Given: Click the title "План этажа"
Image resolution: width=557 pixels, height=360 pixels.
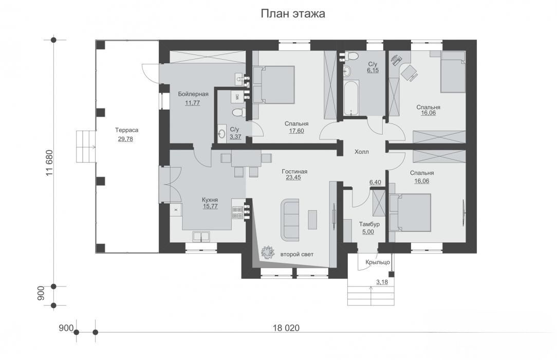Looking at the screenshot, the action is pyautogui.click(x=293, y=14).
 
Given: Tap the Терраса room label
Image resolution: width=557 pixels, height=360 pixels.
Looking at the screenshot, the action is pyautogui.click(x=126, y=130).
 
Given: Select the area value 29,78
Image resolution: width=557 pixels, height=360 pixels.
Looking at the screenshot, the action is pyautogui.click(x=125, y=139).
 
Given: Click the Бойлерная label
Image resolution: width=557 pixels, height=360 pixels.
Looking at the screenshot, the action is pyautogui.click(x=193, y=94).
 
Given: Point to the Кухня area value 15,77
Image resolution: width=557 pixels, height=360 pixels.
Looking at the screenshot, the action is pyautogui.click(x=210, y=206).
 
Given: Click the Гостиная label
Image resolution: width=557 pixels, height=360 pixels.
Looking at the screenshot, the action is pyautogui.click(x=294, y=172).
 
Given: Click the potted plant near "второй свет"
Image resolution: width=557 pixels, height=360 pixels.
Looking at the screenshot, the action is pyautogui.click(x=268, y=252).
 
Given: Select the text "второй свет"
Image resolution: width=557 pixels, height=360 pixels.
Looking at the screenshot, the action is pyautogui.click(x=297, y=255).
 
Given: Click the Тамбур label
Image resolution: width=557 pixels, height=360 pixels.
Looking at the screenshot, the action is pyautogui.click(x=369, y=224).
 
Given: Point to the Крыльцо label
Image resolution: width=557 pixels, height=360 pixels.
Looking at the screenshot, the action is pyautogui.click(x=378, y=262).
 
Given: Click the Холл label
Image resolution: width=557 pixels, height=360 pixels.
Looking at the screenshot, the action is pyautogui.click(x=362, y=152).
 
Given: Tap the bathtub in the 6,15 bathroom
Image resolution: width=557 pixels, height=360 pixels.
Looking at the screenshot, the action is pyautogui.click(x=351, y=98).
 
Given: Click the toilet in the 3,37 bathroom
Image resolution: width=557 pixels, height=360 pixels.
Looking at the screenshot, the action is pyautogui.click(x=238, y=112).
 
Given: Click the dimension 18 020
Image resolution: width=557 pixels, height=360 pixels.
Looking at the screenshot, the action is pyautogui.click(x=286, y=328).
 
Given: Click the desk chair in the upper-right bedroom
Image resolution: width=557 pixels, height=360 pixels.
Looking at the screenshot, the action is pyautogui.click(x=410, y=72).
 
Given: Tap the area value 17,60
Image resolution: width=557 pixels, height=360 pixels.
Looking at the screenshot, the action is pyautogui.click(x=296, y=131).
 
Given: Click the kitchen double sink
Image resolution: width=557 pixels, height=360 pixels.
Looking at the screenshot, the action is pyautogui.click(x=201, y=237).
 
